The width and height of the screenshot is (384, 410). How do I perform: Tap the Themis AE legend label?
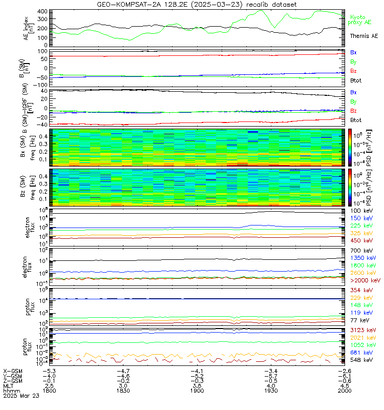pyautogui.click(x=364, y=36)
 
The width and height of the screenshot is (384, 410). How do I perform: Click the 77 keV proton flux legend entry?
pyautogui.click(x=360, y=320)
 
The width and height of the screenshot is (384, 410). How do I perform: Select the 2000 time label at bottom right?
pyautogui.click(x=345, y=390)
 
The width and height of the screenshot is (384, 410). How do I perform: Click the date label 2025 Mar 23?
pyautogui.click(x=19, y=396)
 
